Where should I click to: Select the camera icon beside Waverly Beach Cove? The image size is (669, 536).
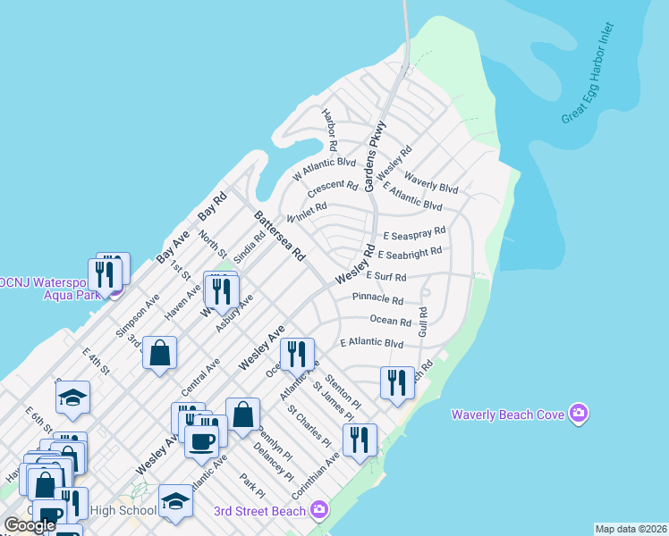(579, 413)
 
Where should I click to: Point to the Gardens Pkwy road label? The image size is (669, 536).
(374, 148)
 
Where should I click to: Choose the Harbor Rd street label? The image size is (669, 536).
(329, 130)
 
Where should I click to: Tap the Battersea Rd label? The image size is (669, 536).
(280, 236)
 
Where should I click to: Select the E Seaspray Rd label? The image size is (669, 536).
(414, 235)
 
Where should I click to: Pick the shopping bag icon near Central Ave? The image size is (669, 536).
(159, 353)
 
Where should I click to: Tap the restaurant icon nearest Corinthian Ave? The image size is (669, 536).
(360, 440)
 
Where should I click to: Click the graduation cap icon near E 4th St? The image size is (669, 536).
(73, 397)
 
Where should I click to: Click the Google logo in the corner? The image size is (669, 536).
(29, 525)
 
